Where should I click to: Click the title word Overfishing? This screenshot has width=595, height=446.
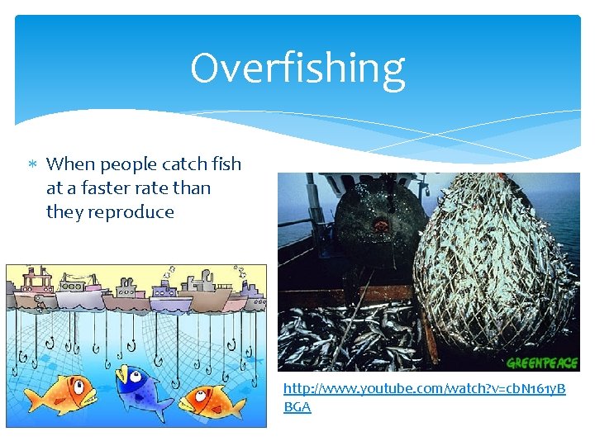point(297,69)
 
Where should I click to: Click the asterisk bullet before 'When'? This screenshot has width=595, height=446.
point(32,164)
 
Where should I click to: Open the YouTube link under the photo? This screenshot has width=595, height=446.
point(424,388)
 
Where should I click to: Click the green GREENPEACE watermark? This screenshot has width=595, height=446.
point(540,363)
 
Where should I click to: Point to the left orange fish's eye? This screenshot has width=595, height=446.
point(76,385)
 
